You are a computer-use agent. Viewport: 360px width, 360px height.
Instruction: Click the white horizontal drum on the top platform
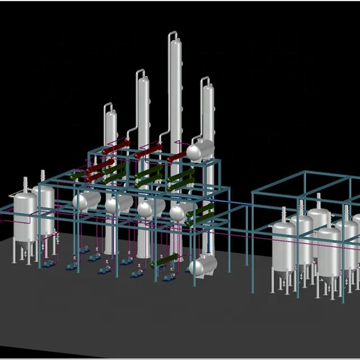(x=201, y=149)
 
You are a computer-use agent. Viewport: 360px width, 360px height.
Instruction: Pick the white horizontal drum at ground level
(x=203, y=265)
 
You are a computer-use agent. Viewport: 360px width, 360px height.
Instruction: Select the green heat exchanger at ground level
(x=163, y=262)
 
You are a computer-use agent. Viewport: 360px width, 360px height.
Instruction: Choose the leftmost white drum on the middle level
(x=87, y=200)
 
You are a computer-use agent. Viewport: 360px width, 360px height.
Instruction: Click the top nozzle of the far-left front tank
(x=25, y=181)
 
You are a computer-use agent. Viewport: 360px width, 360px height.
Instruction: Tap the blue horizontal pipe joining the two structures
(x=231, y=201)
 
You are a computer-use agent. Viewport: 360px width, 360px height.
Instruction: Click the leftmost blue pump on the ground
(x=49, y=263)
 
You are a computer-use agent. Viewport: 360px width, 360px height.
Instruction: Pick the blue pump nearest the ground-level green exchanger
(x=168, y=277)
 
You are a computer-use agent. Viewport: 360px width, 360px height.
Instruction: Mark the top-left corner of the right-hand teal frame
(x=253, y=193)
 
